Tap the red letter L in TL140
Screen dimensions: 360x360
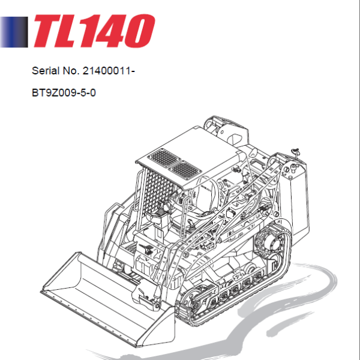point(78,31)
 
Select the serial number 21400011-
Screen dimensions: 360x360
point(110,71)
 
